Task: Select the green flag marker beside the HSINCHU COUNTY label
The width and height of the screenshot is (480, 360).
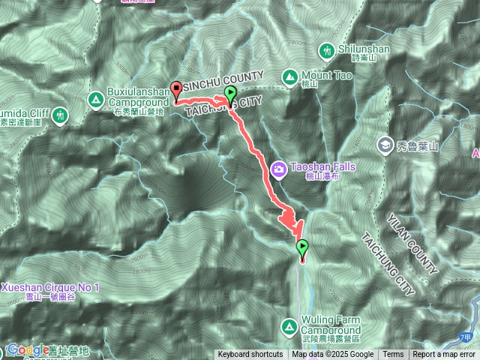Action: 229,95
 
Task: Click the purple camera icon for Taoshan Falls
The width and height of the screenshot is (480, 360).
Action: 278,169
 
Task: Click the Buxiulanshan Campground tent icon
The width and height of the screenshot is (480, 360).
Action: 95,99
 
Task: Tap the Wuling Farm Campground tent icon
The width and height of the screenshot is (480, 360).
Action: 289,326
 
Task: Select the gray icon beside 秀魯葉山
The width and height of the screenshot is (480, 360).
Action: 385,144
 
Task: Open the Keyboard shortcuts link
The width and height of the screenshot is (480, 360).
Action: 250,355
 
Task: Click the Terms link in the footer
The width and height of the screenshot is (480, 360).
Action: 393,355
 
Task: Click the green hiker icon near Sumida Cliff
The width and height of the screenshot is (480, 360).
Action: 60,115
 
